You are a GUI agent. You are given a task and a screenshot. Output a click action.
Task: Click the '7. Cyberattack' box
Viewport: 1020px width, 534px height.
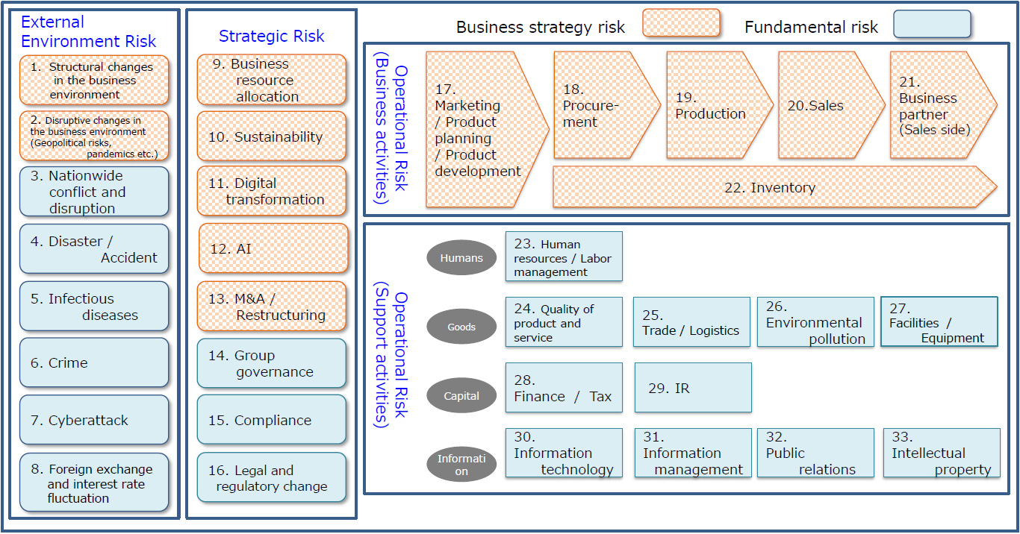tap(94, 420)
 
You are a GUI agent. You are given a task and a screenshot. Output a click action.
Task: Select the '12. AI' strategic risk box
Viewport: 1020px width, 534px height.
tap(273, 248)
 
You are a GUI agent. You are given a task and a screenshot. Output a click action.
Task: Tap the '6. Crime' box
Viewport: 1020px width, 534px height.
tap(94, 362)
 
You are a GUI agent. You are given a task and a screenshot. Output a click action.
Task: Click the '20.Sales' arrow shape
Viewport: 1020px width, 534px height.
tap(821, 105)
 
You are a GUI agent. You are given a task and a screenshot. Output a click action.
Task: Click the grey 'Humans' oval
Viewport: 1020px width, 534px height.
tap(461, 258)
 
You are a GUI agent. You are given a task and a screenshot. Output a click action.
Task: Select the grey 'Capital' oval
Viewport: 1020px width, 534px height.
tap(461, 395)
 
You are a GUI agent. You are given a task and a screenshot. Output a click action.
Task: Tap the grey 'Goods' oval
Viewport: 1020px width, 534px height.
tap(461, 327)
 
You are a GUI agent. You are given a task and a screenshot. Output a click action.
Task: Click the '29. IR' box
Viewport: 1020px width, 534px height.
tap(693, 388)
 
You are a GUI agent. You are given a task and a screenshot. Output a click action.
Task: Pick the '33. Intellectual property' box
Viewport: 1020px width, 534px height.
tap(942, 453)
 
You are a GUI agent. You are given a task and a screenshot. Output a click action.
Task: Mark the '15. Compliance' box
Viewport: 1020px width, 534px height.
tap(272, 420)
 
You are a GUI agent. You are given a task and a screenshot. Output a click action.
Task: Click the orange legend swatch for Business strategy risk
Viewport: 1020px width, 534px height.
tap(681, 24)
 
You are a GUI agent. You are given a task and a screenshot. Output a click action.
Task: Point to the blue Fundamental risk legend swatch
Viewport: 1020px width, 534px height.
tap(932, 24)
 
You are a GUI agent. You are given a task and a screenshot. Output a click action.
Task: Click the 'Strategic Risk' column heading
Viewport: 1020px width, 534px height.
tap(272, 36)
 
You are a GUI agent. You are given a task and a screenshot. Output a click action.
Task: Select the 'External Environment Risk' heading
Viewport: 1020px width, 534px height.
tap(88, 31)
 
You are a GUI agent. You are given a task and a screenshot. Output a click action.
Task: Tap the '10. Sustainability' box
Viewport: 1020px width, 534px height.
tap(272, 136)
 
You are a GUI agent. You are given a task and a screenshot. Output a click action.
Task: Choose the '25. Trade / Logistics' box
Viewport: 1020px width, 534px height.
tap(691, 322)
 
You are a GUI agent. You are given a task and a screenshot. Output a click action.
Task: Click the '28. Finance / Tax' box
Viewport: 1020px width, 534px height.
tap(564, 388)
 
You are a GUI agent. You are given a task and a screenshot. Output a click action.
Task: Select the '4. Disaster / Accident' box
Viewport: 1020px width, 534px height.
tap(94, 249)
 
